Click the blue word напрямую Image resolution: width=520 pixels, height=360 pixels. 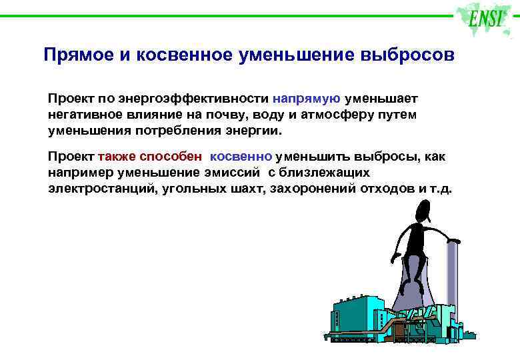(x=307, y=99)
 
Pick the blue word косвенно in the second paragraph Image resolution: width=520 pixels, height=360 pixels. (x=241, y=157)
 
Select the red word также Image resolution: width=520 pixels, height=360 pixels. (x=117, y=157)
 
